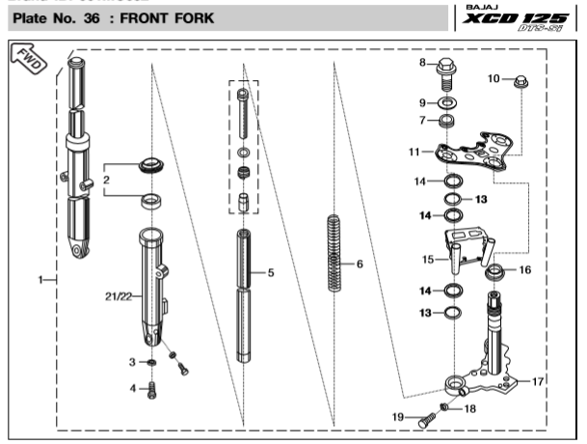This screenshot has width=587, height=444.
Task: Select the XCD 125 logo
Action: tap(526, 21)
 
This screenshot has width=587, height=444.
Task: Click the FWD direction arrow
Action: tap(27, 60)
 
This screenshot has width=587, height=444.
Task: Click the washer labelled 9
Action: tap(448, 102)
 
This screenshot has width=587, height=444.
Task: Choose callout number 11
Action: tap(415, 152)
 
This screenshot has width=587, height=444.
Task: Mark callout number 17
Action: tap(538, 381)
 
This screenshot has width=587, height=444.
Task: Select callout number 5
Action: tap(272, 273)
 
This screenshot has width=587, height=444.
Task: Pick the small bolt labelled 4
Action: tap(149, 390)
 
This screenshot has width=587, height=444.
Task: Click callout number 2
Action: tap(107, 180)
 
